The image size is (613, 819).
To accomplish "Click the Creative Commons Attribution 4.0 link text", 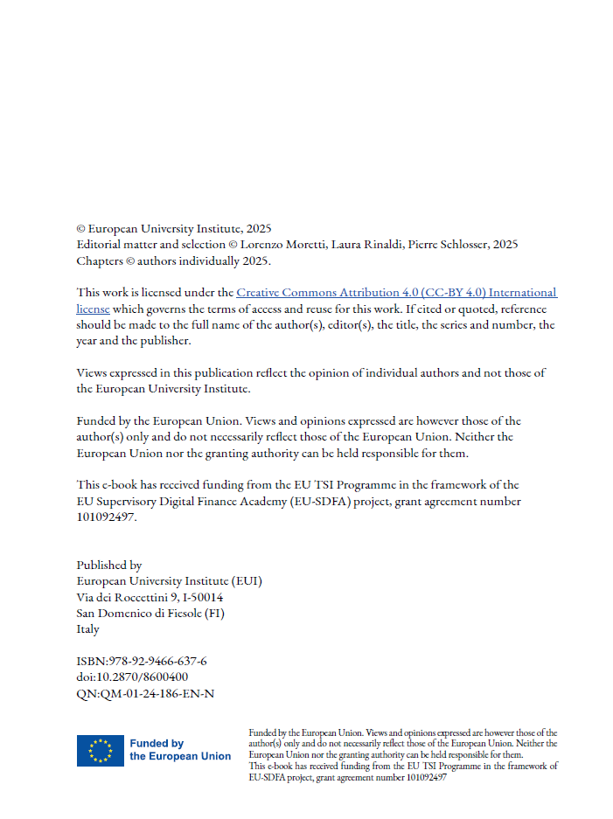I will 396,293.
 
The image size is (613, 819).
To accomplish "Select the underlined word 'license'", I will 93,309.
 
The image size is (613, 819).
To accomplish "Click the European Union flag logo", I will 100,750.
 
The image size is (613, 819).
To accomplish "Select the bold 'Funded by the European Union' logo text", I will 180,750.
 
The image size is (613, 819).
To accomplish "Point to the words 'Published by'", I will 109,566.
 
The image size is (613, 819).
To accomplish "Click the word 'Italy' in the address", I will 88,628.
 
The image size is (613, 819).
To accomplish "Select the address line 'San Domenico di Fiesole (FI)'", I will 150,613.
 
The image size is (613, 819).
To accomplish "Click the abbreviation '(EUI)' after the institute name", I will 247,581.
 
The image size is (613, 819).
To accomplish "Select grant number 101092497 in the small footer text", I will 422,776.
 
